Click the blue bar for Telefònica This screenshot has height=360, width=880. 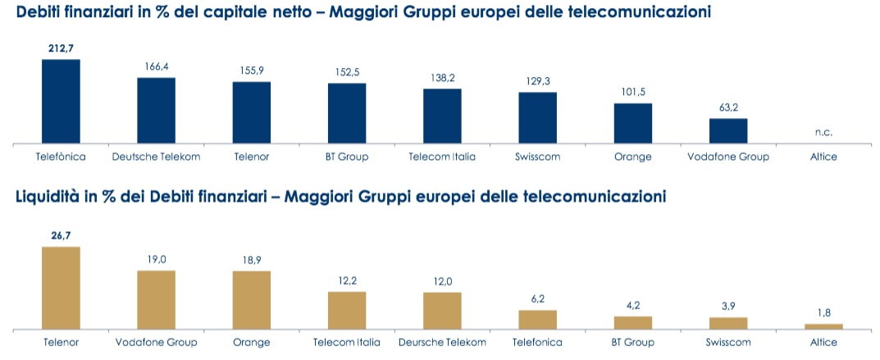point(61,102)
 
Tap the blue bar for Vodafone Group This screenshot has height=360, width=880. point(728,131)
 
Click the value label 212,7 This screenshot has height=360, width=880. point(61,48)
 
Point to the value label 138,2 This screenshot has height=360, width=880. point(442,78)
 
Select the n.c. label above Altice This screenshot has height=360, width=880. point(823,131)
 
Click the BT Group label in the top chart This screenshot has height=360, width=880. point(347,156)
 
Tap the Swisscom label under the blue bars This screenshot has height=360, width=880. point(537,156)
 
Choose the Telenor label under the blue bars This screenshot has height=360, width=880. point(252,156)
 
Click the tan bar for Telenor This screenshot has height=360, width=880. point(61,288)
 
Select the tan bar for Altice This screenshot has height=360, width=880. point(823,326)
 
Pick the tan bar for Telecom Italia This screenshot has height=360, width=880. point(347,310)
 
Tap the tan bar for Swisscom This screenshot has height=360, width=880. point(728,322)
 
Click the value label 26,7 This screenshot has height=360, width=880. point(61,235)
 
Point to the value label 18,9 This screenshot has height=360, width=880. point(252,260)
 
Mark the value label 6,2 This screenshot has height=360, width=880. point(537,299)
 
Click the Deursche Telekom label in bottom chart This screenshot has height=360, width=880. point(442,342)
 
